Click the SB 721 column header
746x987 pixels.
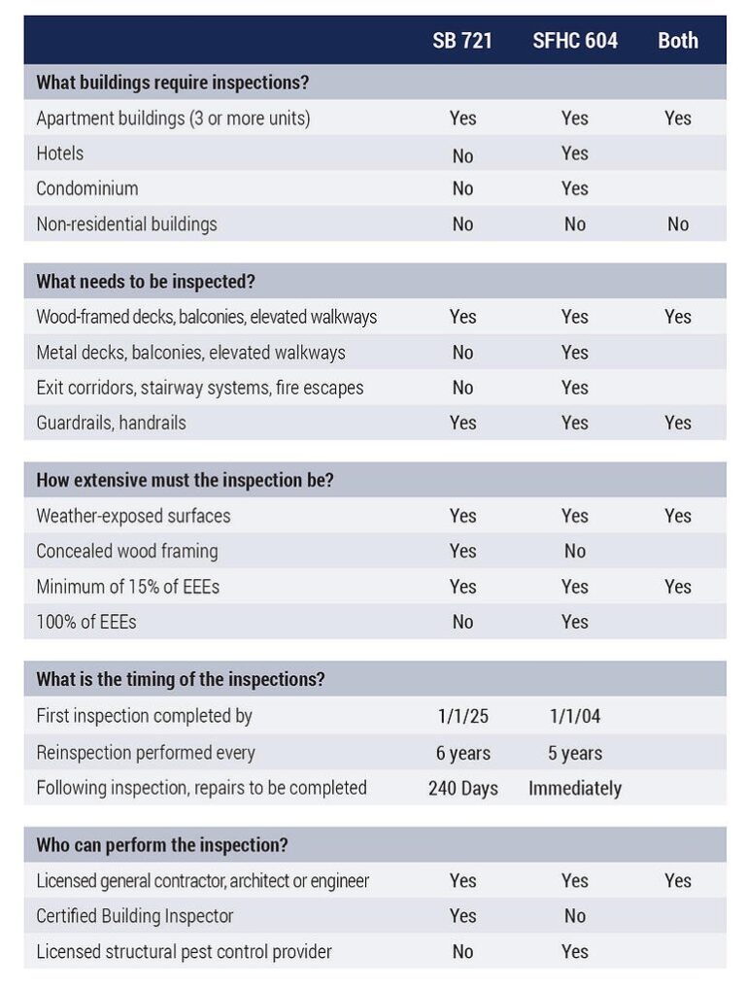pyautogui.click(x=463, y=41)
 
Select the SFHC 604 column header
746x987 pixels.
pyautogui.click(x=575, y=41)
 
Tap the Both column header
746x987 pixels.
pyautogui.click(x=678, y=41)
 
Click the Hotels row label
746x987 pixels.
pyautogui.click(x=60, y=153)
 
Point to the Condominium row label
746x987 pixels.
pyautogui.click(x=87, y=188)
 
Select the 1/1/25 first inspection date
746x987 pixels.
pyautogui.click(x=463, y=717)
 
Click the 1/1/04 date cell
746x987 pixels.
pyautogui.click(x=575, y=717)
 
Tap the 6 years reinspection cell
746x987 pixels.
pyautogui.click(x=463, y=753)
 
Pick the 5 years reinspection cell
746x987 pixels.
pyautogui.click(x=575, y=753)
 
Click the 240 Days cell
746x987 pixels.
pyautogui.click(x=463, y=788)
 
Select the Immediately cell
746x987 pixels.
pyautogui.click(x=575, y=788)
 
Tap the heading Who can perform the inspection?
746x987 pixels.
pyautogui.click(x=162, y=845)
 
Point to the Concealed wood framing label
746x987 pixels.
pyautogui.click(x=127, y=552)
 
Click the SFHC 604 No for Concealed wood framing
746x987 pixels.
pyautogui.click(x=575, y=552)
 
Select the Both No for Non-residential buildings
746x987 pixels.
pyautogui.click(x=678, y=224)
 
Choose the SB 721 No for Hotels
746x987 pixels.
pyautogui.click(x=463, y=155)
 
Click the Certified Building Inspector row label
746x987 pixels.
pyautogui.click(x=135, y=916)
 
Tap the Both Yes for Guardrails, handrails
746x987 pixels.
pyautogui.click(x=678, y=423)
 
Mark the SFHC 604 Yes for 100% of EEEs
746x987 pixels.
pyautogui.click(x=575, y=622)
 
